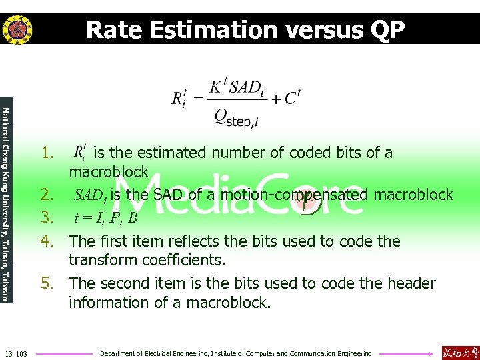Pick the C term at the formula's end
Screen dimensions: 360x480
(x=292, y=99)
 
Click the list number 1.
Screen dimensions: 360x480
(x=47, y=153)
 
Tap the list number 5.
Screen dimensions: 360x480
(x=47, y=283)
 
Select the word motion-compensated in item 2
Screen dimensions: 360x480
(x=295, y=195)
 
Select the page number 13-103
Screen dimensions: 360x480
(x=16, y=353)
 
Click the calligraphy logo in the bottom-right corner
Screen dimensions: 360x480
(x=460, y=352)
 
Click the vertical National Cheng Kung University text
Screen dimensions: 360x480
(x=6, y=203)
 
